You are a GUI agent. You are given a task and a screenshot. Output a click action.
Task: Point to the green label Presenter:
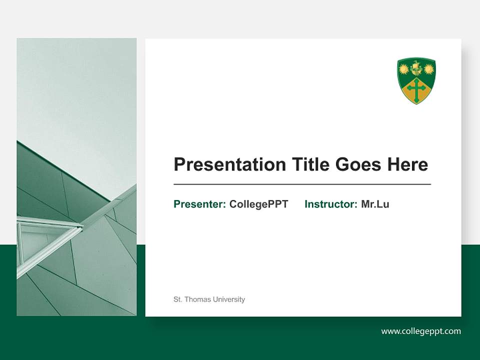point(199,204)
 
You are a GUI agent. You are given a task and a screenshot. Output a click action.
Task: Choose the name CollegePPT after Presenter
point(258,204)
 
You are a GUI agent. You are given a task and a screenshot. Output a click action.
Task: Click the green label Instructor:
point(330,204)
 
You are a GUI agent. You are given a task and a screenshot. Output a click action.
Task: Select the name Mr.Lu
point(375,204)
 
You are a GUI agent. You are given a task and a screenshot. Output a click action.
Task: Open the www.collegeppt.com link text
point(421,331)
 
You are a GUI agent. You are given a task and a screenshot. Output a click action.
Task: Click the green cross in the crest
point(416,89)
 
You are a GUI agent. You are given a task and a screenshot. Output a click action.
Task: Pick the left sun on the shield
point(404,69)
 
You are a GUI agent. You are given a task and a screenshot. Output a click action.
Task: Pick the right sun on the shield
point(428,69)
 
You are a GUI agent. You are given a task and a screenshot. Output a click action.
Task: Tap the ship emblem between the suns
point(416,67)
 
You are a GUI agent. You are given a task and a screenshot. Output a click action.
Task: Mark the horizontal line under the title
point(302,184)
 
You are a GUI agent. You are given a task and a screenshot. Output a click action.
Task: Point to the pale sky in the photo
point(75,90)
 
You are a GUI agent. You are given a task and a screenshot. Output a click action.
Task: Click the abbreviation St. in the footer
point(177,299)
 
